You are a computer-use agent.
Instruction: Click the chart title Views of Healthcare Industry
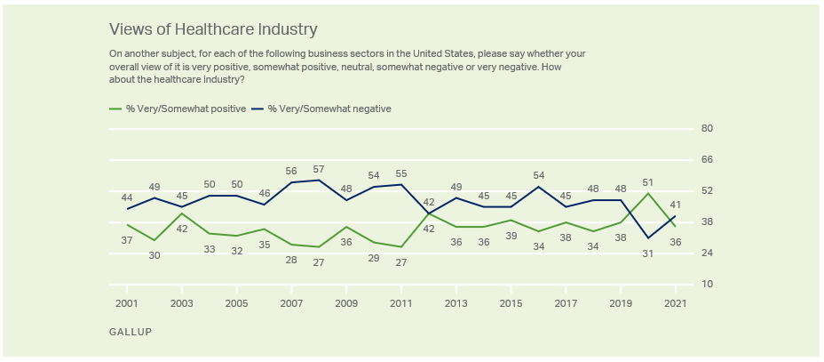tap(212, 29)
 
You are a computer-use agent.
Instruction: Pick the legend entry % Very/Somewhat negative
tap(328, 109)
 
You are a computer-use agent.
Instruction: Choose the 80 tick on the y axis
tap(708, 129)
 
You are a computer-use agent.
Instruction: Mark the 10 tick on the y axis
tap(708, 285)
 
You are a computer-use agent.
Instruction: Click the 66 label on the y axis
tap(708, 160)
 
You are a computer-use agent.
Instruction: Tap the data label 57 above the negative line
tap(320, 168)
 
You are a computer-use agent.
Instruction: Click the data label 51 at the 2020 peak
tap(649, 181)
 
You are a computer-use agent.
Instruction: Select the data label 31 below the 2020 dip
tap(649, 253)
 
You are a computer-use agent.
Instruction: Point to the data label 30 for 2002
tap(155, 255)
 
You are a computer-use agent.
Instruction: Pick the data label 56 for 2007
tap(292, 171)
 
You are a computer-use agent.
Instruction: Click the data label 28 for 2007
tap(292, 260)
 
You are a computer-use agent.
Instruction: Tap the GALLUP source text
tap(131, 332)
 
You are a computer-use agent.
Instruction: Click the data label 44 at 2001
tap(128, 197)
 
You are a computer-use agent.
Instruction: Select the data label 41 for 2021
tap(677, 204)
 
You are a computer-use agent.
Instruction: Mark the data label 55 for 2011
tap(401, 173)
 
